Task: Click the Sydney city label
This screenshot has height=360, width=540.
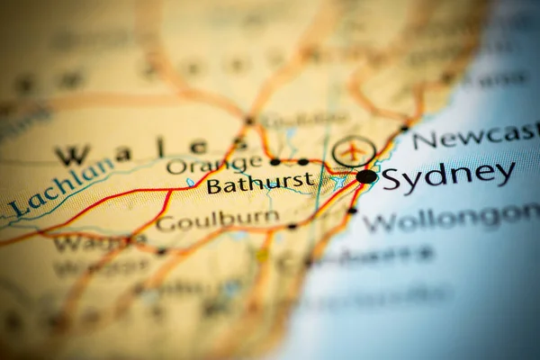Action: point(448,175)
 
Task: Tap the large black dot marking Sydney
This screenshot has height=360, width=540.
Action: point(366,176)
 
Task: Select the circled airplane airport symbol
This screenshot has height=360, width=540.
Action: point(354,150)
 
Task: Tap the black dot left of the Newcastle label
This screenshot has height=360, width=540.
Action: point(404,128)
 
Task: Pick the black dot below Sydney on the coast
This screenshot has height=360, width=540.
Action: point(352,211)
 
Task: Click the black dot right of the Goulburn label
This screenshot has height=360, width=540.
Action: point(292,226)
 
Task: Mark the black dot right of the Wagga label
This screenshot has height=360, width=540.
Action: point(161,251)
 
